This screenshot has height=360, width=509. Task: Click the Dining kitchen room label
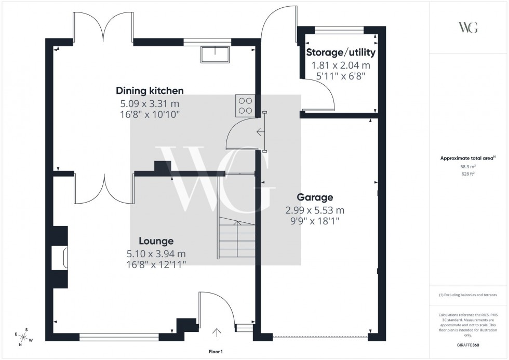coord(150,90)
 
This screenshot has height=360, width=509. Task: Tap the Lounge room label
coord(156,241)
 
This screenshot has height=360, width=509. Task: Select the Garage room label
coord(314,197)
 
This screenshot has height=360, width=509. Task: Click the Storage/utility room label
coord(341,52)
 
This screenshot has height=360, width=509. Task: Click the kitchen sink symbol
coord(215,55)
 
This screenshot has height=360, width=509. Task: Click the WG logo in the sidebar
coord(468,28)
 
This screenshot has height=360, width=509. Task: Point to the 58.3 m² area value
coord(468,166)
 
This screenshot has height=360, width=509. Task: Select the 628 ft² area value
coord(468,174)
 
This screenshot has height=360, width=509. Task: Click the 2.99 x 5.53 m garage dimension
coord(314,210)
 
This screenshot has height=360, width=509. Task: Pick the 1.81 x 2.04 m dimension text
coord(341,65)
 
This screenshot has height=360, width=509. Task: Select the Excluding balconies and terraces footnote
coord(468,295)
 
